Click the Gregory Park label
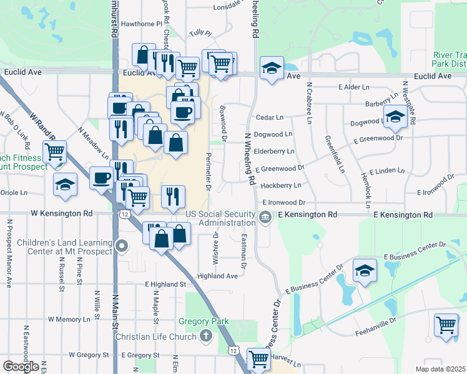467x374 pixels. tap(204, 322)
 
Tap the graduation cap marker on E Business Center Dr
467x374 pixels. tap(365, 271)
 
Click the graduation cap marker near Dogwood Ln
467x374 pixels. tap(395, 116)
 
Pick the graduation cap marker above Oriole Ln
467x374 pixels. tap(65, 185)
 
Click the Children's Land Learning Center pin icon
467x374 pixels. tap(122, 246)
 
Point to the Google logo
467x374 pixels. tap(21, 367)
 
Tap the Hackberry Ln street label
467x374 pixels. tap(281, 186)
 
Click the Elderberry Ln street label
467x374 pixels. tap(274, 151)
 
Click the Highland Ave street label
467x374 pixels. tap(217, 276)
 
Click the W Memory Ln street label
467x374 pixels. tap(69, 319)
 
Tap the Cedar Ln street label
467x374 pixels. tap(270, 117)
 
